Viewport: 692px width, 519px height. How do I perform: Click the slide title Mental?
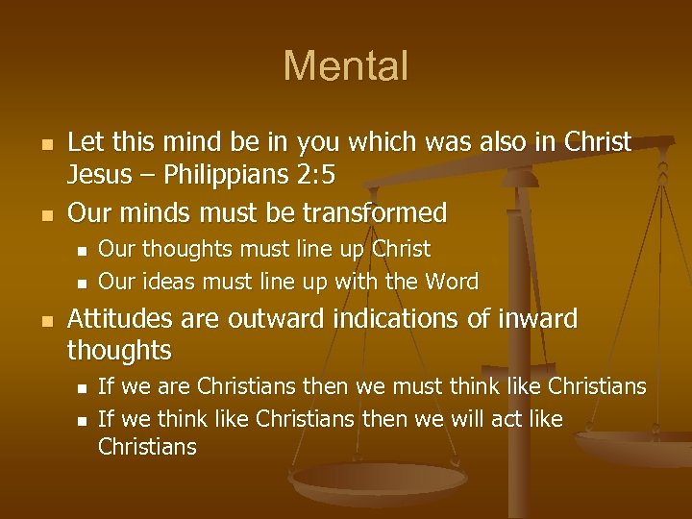[x=346, y=66]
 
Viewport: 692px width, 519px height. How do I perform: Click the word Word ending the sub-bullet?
[x=451, y=282]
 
